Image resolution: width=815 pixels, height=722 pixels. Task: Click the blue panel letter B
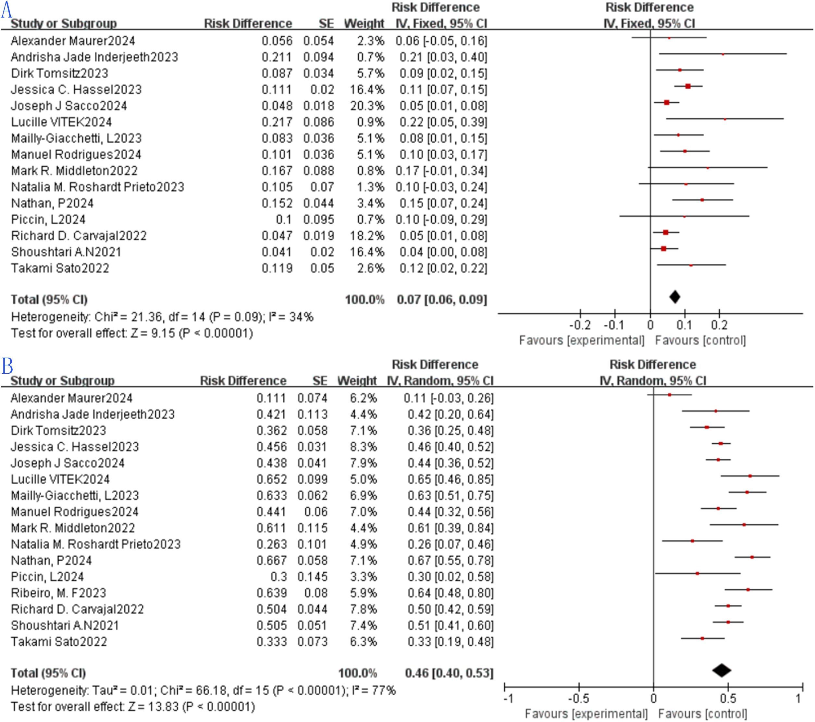click(7, 366)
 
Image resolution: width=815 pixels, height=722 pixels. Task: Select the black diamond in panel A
click(675, 297)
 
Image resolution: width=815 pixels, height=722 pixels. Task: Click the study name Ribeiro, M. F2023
click(59, 593)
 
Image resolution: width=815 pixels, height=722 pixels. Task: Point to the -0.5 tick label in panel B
click(579, 698)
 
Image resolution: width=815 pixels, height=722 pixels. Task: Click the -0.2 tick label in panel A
click(580, 325)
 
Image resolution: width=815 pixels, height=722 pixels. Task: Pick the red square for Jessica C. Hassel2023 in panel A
click(688, 86)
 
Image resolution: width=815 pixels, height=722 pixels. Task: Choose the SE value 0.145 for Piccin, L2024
click(312, 576)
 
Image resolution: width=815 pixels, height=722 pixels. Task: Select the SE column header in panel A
click(326, 23)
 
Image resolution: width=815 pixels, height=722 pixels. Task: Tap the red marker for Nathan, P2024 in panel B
click(752, 557)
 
